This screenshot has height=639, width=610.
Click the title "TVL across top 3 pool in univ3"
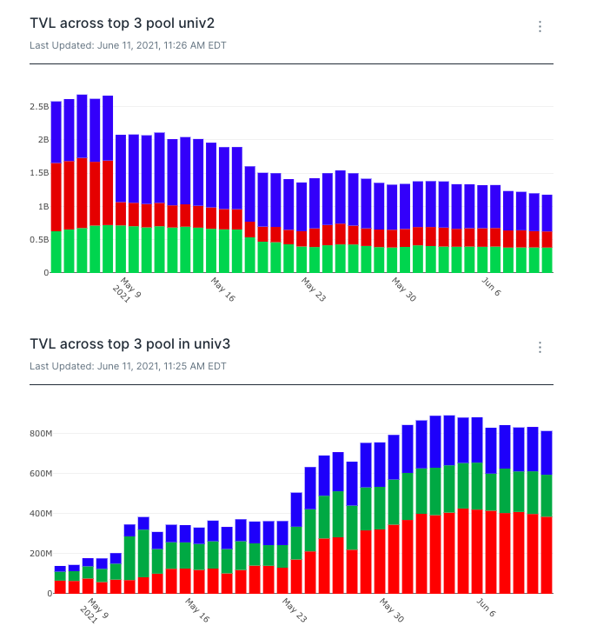click(129, 344)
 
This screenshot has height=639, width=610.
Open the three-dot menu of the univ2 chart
click(540, 27)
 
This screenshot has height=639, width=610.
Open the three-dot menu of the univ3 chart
click(540, 348)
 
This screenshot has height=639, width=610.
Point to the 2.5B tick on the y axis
click(39, 107)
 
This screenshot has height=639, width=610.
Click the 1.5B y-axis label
click(39, 174)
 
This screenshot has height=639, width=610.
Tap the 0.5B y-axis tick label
click(39, 240)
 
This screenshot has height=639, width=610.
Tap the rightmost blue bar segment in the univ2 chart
click(547, 213)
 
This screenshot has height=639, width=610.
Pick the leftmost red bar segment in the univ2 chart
click(56, 196)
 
